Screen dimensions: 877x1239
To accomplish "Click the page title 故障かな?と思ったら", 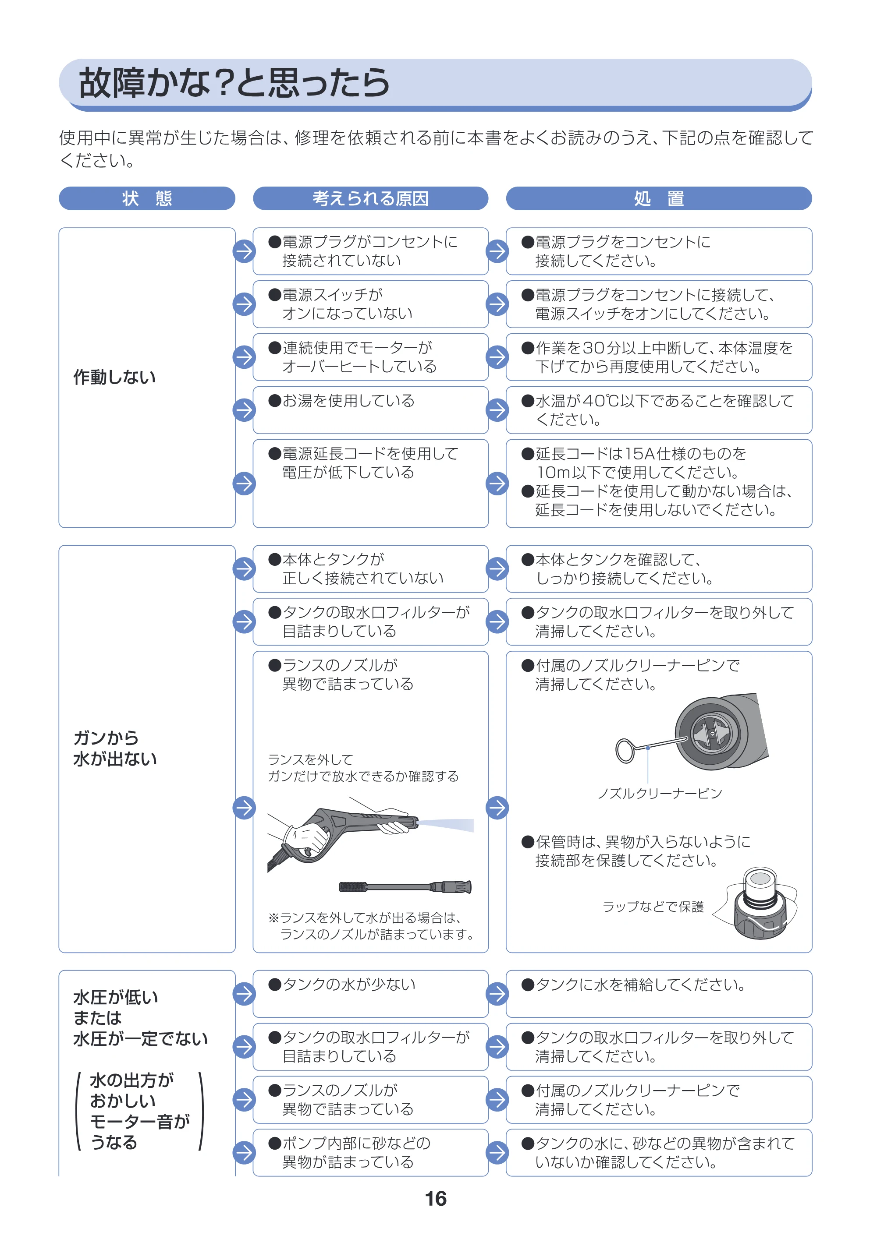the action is tap(234, 83).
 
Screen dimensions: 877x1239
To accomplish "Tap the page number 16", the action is tap(436, 1199).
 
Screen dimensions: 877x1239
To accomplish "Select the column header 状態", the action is tap(147, 198).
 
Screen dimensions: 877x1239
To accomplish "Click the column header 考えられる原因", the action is tap(370, 198).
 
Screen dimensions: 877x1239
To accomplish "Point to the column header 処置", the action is tap(659, 198).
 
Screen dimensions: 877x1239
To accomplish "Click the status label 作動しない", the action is tap(114, 377).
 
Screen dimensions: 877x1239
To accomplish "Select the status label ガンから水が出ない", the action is tap(115, 748).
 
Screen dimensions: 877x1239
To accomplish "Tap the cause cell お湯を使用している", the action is tap(370, 410).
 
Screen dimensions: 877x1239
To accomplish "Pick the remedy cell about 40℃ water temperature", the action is tap(659, 410).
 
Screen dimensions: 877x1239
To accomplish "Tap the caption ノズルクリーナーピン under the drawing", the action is tap(660, 793).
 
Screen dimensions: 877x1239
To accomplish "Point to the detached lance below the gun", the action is tap(405, 886).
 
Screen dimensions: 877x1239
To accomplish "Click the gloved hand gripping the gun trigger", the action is tap(305, 840).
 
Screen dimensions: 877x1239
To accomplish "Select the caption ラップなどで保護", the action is tap(653, 907).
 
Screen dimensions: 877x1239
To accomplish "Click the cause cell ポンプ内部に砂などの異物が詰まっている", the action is tap(370, 1153).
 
